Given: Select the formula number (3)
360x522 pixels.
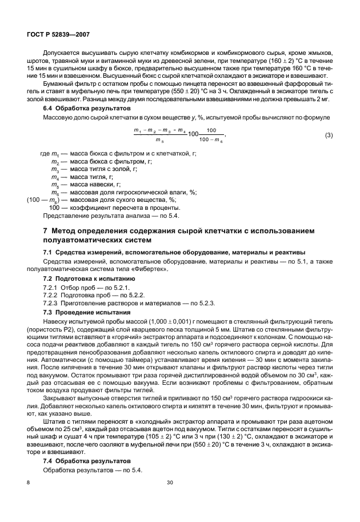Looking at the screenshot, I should (329, 135).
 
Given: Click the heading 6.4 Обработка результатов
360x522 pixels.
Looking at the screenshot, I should (81, 108).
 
